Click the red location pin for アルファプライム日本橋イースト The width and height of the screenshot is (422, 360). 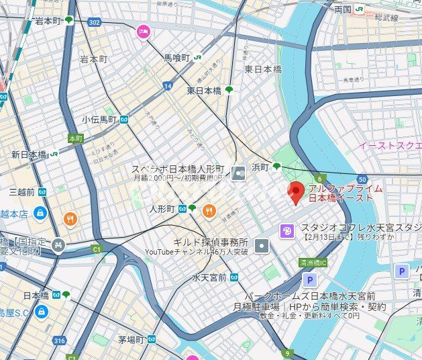click(296, 192)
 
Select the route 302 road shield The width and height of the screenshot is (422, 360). click(93, 22)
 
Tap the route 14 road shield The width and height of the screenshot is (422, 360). click(167, 86)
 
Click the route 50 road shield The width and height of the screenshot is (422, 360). click(362, 179)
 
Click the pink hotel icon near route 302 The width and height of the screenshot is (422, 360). click(143, 31)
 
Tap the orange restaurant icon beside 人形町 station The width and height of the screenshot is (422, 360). click(209, 210)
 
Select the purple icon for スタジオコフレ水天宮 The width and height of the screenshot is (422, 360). click(287, 230)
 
